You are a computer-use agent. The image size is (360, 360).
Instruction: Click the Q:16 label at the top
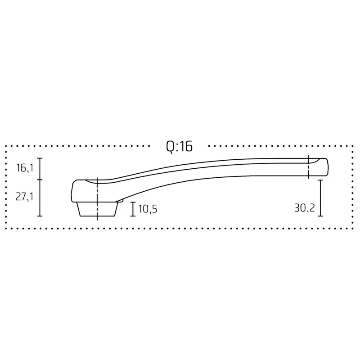179,147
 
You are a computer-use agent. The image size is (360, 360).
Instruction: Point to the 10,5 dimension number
148,209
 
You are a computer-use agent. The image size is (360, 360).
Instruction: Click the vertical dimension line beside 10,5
133,209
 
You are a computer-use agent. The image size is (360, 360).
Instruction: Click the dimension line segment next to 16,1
40,169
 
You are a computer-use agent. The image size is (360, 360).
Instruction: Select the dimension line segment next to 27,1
40,198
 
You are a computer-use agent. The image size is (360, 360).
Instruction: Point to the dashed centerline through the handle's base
97,198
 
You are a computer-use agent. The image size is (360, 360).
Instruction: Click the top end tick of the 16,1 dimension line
40,158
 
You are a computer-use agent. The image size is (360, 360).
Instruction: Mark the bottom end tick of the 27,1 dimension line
40,216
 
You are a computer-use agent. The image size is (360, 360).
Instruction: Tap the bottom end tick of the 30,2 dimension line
320,216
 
